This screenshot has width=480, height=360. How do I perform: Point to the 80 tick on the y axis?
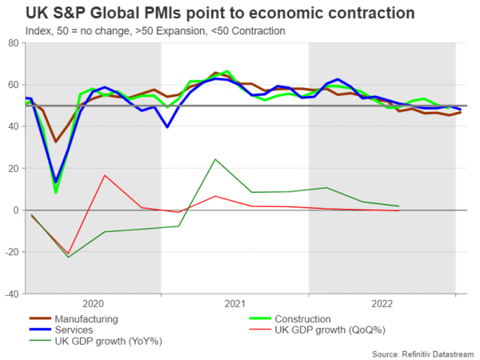15,43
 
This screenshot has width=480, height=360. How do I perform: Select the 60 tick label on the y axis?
15,85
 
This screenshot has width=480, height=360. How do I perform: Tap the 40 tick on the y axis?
15,126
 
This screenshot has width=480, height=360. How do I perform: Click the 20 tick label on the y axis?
15,168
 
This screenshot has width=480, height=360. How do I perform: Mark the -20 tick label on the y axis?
13,252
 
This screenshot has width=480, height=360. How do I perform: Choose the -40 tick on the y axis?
13,294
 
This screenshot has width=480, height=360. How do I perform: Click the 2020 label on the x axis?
93,304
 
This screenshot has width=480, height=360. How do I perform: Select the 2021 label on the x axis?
234,304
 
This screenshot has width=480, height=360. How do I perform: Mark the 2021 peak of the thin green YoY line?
215,159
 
